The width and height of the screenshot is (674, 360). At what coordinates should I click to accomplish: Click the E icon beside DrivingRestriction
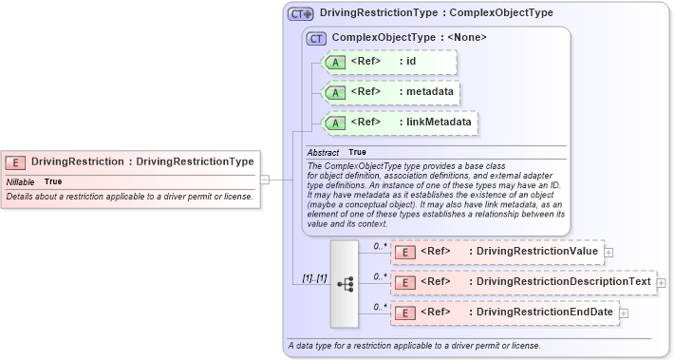[x=16, y=162]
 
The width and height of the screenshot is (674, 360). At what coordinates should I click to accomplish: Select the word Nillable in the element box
[x=21, y=181]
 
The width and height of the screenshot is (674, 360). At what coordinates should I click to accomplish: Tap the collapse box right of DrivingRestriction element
[x=265, y=178]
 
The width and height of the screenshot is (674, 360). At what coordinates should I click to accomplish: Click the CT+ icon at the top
[x=301, y=14]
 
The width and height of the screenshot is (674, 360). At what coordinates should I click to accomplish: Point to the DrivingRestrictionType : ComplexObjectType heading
[x=437, y=14]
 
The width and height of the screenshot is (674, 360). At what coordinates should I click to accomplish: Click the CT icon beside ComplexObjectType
[x=317, y=38]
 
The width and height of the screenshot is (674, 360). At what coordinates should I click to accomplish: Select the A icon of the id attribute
[x=336, y=63]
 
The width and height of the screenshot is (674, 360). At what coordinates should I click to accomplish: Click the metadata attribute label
[x=425, y=92]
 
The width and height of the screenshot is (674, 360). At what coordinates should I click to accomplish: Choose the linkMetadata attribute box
[x=401, y=123]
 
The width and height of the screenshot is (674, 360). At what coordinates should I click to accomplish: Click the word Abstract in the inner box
[x=323, y=152]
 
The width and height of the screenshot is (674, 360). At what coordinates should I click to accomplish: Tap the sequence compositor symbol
[x=344, y=282]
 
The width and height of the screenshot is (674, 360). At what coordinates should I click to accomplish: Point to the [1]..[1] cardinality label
[x=309, y=278]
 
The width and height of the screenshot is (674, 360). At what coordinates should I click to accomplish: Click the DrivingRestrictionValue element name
[x=536, y=252]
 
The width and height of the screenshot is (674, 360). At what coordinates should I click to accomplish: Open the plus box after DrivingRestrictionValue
[x=608, y=252]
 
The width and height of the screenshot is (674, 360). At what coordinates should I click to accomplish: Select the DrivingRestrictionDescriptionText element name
[x=563, y=282]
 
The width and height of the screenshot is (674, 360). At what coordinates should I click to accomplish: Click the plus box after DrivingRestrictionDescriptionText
[x=661, y=282]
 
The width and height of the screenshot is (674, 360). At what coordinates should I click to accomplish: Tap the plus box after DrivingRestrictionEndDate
[x=623, y=313]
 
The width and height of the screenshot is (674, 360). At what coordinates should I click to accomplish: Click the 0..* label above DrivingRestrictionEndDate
[x=379, y=306]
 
